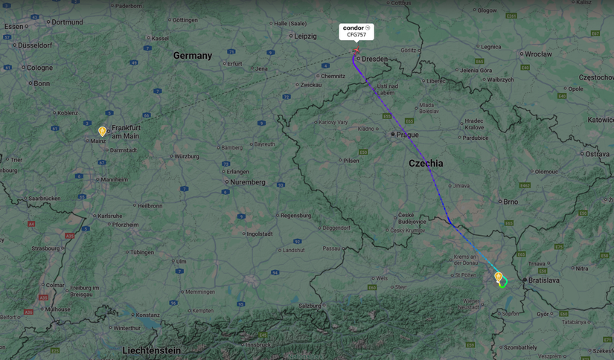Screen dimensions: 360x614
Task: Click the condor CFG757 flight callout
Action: coord(356,31)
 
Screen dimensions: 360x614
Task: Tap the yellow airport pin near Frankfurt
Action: coord(103,132)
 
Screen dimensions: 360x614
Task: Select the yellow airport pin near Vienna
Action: coord(499,277)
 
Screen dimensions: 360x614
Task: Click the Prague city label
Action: coord(407,135)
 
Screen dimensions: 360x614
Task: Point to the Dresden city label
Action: coord(374,59)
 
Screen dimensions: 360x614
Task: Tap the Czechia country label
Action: coord(425,163)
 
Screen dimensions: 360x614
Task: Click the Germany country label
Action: coord(193,56)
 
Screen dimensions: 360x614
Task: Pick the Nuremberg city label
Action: coord(248,182)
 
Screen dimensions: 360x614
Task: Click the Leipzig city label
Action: coord(305,36)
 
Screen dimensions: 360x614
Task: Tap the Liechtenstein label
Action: coord(151,350)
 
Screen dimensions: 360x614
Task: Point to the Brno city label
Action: coord(511,202)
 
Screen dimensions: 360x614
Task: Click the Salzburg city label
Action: coord(309,306)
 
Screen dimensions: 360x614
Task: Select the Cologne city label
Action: coord(39,68)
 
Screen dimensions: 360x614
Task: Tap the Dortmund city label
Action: coord(67,22)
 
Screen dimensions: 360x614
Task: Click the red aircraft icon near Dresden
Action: coord(356,51)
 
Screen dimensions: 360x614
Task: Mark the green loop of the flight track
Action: coord(504,282)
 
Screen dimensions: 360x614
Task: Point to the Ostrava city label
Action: coord(597,154)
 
